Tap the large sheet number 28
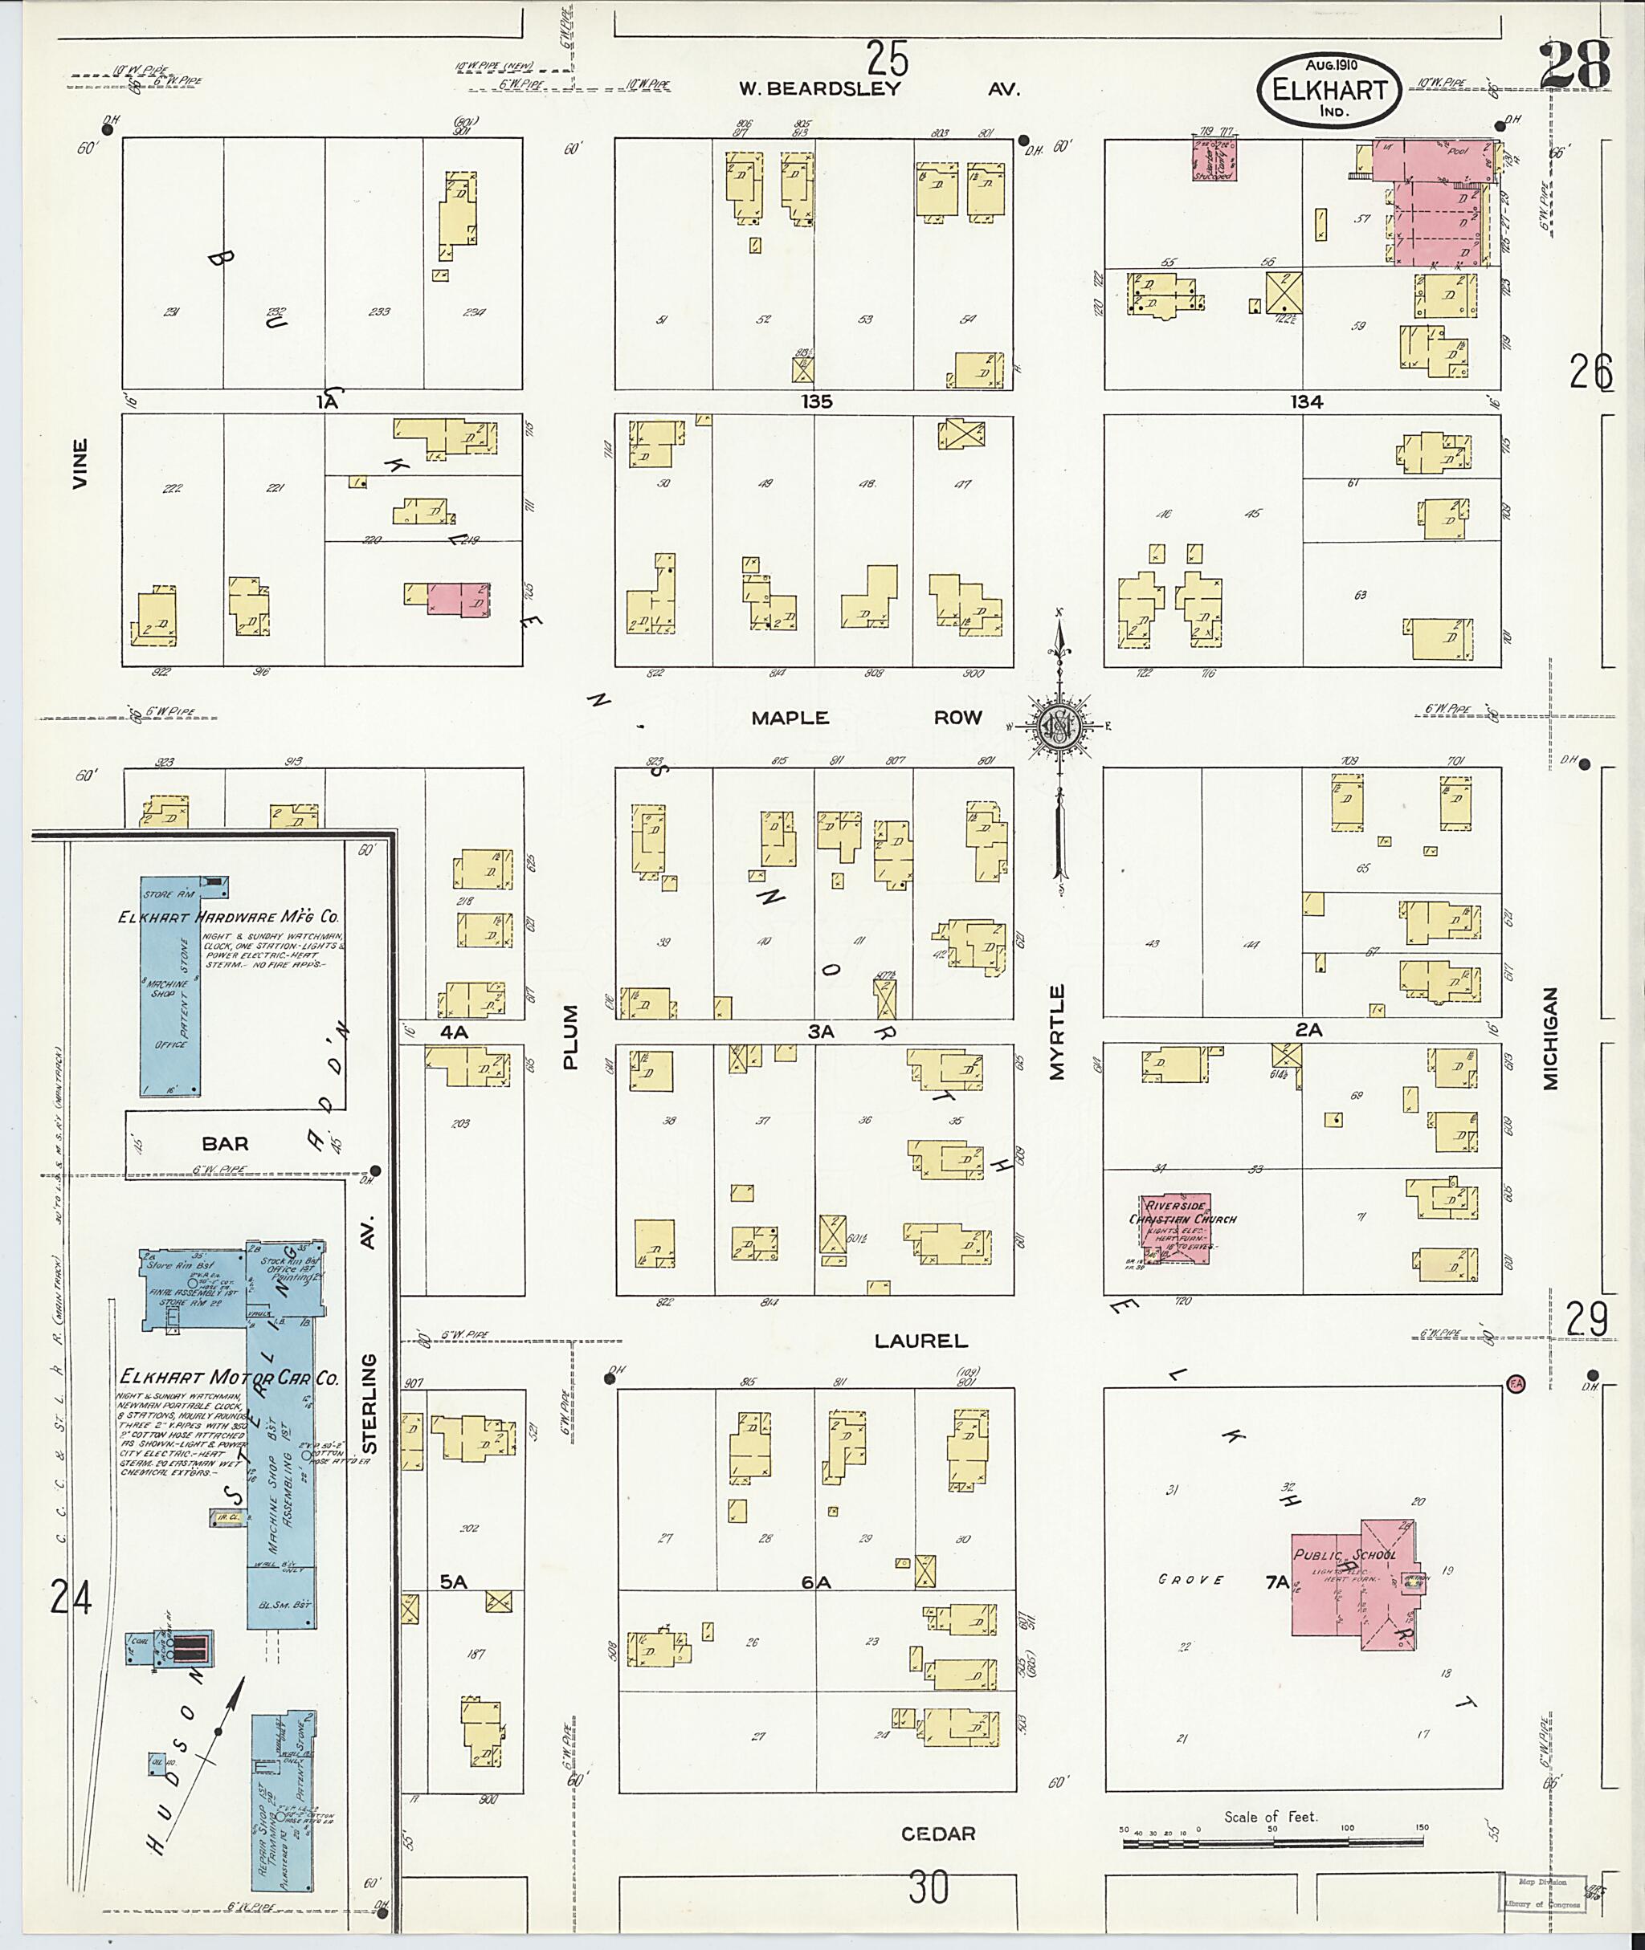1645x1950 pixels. pos(1575,66)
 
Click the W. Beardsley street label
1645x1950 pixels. pos(820,89)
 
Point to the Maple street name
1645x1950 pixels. pos(790,717)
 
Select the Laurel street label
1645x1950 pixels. pos(920,1341)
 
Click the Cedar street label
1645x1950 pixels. pos(938,1834)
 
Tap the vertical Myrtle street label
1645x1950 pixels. pos(1056,1032)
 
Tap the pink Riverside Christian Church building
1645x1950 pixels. pos(1174,1227)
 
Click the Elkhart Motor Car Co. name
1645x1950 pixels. pos(228,1378)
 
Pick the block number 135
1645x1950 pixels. pos(815,401)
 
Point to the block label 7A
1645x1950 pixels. pos(1276,1581)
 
